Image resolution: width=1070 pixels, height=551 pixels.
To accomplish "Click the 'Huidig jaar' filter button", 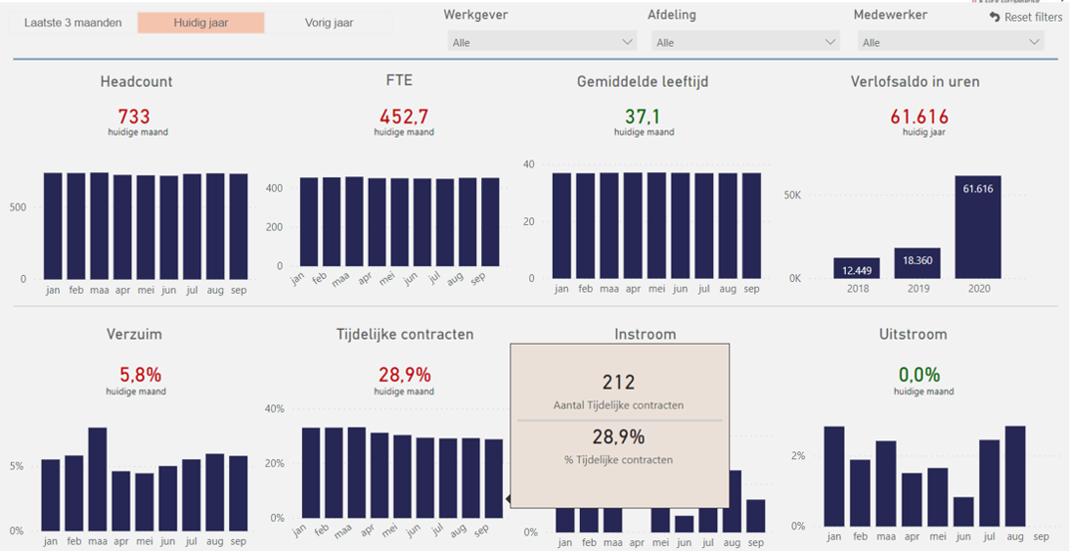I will [200, 23].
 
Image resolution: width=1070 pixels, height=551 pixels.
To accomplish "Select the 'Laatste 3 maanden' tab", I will [73, 23].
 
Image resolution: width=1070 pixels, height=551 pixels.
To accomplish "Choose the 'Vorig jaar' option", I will [329, 23].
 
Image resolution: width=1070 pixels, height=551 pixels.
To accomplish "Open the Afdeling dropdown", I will [745, 42].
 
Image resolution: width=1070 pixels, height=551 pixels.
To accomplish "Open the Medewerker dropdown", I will [950, 42].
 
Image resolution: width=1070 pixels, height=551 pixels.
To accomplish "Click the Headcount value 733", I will [134, 117].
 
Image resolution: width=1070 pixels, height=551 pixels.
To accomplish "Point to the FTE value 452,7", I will [403, 117].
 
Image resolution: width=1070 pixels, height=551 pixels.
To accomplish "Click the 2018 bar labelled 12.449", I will [857, 268].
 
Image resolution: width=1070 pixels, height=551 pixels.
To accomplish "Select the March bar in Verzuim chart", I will [98, 479].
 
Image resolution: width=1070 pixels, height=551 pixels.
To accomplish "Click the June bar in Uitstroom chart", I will [962, 511].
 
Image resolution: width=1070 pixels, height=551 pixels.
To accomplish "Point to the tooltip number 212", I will [619, 382].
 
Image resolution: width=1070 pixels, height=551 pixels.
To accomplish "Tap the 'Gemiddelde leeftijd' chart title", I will [643, 82].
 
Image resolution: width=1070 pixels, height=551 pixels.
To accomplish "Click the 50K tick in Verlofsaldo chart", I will [792, 195].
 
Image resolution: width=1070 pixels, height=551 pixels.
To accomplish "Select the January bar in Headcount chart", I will [52, 226].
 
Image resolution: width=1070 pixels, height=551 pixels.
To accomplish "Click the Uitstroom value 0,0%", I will [920, 375].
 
